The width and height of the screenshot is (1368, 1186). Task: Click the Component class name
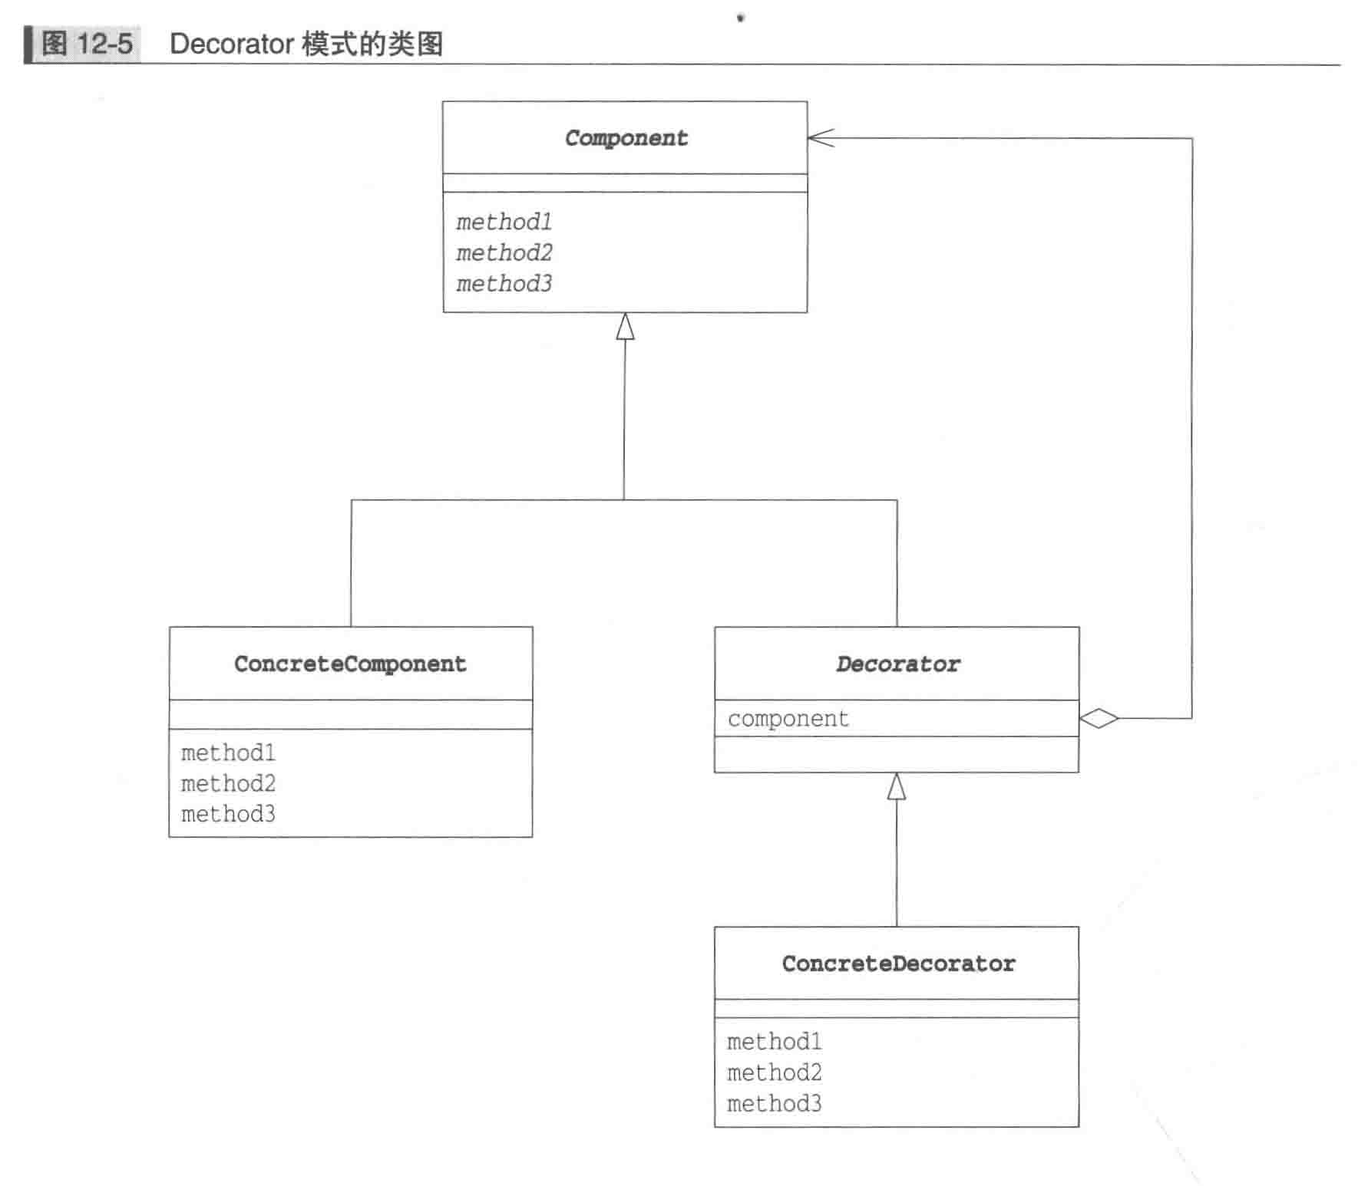[x=626, y=138]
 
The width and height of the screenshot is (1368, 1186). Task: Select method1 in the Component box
[x=504, y=222]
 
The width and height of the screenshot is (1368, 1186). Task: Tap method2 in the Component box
[x=504, y=253]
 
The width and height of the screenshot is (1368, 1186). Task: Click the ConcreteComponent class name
[x=350, y=664]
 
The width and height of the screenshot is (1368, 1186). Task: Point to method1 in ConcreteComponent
[x=228, y=753]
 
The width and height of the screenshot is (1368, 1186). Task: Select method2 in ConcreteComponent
[x=228, y=784]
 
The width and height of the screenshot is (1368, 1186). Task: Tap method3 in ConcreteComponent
[x=228, y=814]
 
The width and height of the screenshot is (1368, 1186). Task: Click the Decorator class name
[x=897, y=664]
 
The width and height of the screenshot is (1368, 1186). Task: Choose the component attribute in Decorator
[x=788, y=719]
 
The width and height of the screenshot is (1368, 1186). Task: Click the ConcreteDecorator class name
[x=898, y=964]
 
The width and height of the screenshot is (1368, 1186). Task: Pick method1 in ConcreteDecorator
[x=774, y=1042]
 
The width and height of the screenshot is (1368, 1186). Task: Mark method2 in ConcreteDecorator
[x=774, y=1072]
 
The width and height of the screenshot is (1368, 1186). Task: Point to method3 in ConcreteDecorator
[x=774, y=1104]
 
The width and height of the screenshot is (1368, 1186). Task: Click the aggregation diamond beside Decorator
[x=1099, y=719]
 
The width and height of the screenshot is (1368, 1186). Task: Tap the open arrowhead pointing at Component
[x=820, y=138]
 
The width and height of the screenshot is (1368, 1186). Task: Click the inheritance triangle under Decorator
[x=896, y=787]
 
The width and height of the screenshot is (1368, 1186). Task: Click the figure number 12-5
[x=104, y=44]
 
